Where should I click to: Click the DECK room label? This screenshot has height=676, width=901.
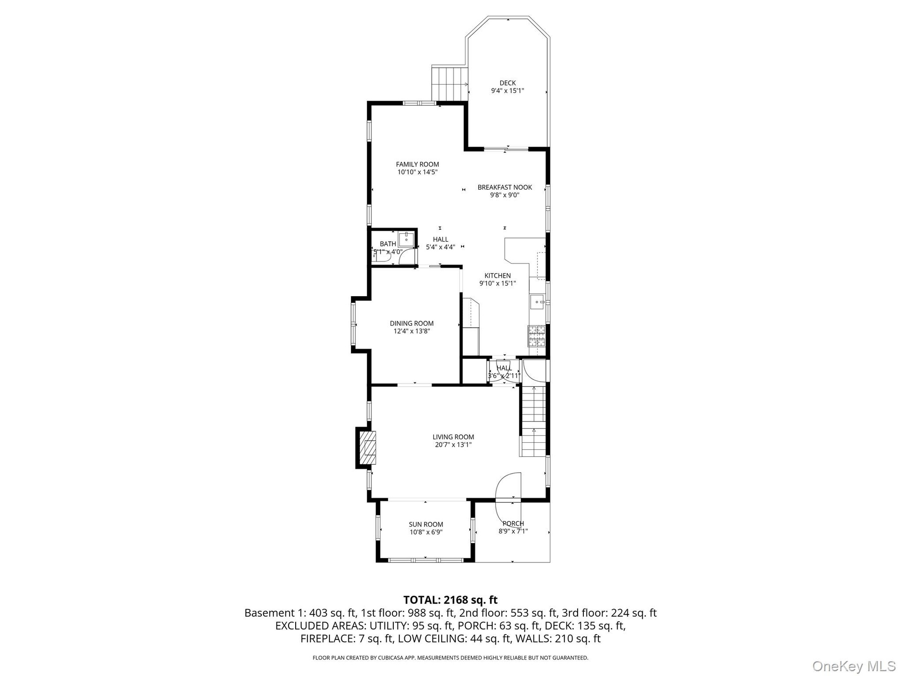507,83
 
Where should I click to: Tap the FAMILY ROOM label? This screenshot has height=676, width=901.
418,164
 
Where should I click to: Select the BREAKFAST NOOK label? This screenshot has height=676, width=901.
505,187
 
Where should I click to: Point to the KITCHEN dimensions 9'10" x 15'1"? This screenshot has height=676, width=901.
497,284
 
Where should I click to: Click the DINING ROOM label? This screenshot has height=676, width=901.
412,323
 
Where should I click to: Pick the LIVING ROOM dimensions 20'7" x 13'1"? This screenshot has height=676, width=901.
453,445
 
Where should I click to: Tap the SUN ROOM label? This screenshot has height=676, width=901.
426,524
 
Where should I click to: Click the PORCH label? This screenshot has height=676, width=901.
513,523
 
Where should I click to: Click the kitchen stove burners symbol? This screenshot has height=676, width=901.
537,336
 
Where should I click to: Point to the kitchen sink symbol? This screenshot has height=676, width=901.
538,302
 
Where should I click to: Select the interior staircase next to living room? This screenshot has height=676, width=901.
533,421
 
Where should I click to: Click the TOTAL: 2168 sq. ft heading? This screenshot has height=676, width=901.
450,600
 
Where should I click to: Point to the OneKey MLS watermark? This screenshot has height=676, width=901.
854,666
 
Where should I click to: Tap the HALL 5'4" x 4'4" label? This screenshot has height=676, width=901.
440,243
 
